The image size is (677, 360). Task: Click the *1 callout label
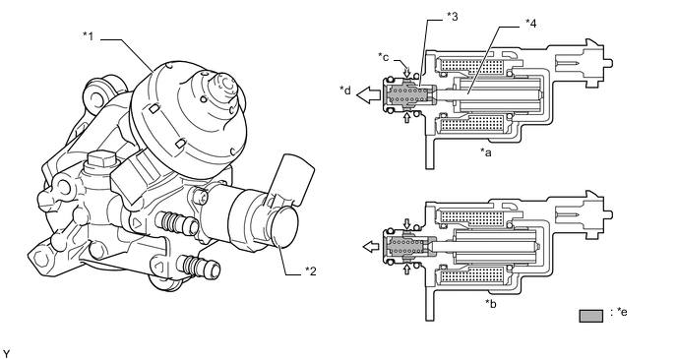point(89,36)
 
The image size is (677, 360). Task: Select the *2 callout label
point(311,271)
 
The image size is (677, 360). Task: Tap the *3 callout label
point(452,17)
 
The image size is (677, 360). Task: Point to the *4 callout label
point(530,24)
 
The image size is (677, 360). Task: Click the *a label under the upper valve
point(486,151)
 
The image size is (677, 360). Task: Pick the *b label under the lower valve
point(491,304)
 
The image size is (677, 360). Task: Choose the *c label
point(384,56)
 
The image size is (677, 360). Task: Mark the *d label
point(345,90)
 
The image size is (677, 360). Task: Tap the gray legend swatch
point(591,316)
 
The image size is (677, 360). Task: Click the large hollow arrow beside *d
point(369,94)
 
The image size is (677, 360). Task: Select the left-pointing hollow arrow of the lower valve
point(372,247)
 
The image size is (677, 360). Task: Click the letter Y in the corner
point(5,354)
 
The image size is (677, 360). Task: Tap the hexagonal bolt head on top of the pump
point(101,161)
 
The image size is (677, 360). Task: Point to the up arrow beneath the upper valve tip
point(406,117)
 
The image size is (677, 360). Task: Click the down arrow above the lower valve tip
point(406,224)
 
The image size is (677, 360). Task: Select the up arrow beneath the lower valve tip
point(406,270)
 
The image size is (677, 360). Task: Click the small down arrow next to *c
point(406,70)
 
